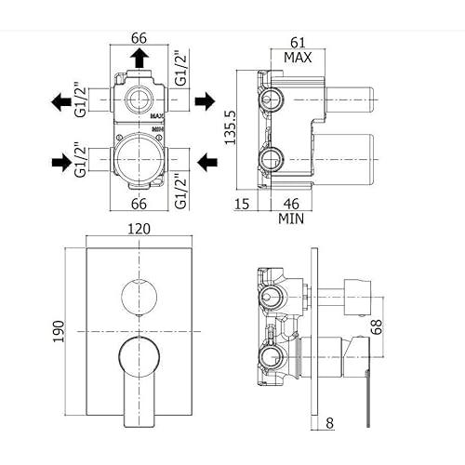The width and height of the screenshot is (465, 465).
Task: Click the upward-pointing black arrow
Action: click(139, 58)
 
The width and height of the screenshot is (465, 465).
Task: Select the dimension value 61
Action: click(298, 43)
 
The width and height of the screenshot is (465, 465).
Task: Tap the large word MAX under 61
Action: click(298, 58)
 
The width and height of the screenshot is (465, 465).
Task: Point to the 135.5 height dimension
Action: click(231, 127)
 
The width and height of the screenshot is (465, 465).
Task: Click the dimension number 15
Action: click(242, 204)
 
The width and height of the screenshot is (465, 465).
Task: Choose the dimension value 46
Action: click(291, 204)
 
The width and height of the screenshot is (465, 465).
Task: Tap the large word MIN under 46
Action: click(291, 219)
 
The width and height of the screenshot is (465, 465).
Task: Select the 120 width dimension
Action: click(139, 229)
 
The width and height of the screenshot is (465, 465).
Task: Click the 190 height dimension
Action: click(59, 331)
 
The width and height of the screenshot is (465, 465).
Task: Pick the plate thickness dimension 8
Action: click(330, 423)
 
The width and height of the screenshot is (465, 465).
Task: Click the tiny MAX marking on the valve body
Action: click(157, 116)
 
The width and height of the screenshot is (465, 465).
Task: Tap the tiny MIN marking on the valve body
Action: click(158, 128)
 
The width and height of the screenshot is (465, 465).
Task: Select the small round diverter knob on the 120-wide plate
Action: click(139, 297)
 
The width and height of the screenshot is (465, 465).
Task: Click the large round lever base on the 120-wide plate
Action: click(139, 357)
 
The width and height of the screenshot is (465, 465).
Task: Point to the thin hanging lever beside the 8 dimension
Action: click(367, 398)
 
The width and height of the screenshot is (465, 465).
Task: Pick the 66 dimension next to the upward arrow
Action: click(139, 38)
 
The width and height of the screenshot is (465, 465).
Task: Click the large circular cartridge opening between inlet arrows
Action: click(137, 159)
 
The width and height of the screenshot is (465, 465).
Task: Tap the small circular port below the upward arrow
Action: click(139, 100)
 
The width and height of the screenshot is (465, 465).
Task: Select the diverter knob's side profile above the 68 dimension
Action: click(357, 297)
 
